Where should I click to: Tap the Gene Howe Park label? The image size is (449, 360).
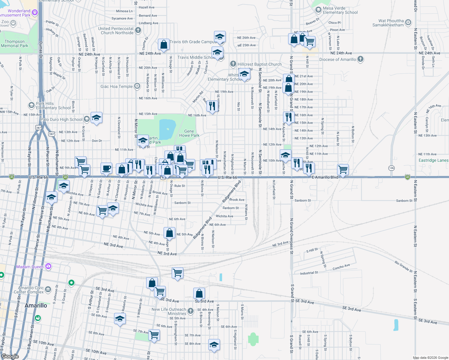[x=189, y=133]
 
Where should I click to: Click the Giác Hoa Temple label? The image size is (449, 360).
[x=116, y=86]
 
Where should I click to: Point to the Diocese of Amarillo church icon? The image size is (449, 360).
[x=360, y=59]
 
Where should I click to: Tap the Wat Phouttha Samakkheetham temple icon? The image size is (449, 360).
[x=408, y=22]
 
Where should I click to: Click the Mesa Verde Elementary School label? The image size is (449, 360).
[x=340, y=10]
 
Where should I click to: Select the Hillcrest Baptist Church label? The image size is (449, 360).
[x=259, y=64]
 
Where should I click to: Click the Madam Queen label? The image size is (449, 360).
[x=30, y=267]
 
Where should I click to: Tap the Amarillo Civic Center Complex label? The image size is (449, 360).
[x=29, y=290]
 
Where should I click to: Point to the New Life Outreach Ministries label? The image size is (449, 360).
[x=169, y=311]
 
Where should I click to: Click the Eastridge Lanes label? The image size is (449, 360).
[x=433, y=160]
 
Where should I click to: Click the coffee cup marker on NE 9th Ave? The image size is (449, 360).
[x=106, y=168]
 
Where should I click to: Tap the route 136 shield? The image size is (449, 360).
[x=391, y=168]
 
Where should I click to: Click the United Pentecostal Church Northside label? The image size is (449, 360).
[x=116, y=31]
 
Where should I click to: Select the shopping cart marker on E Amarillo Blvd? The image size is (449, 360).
[x=343, y=169]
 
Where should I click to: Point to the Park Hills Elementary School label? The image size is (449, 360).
[x=53, y=106]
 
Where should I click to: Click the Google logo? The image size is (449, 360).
[x=10, y=356]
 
